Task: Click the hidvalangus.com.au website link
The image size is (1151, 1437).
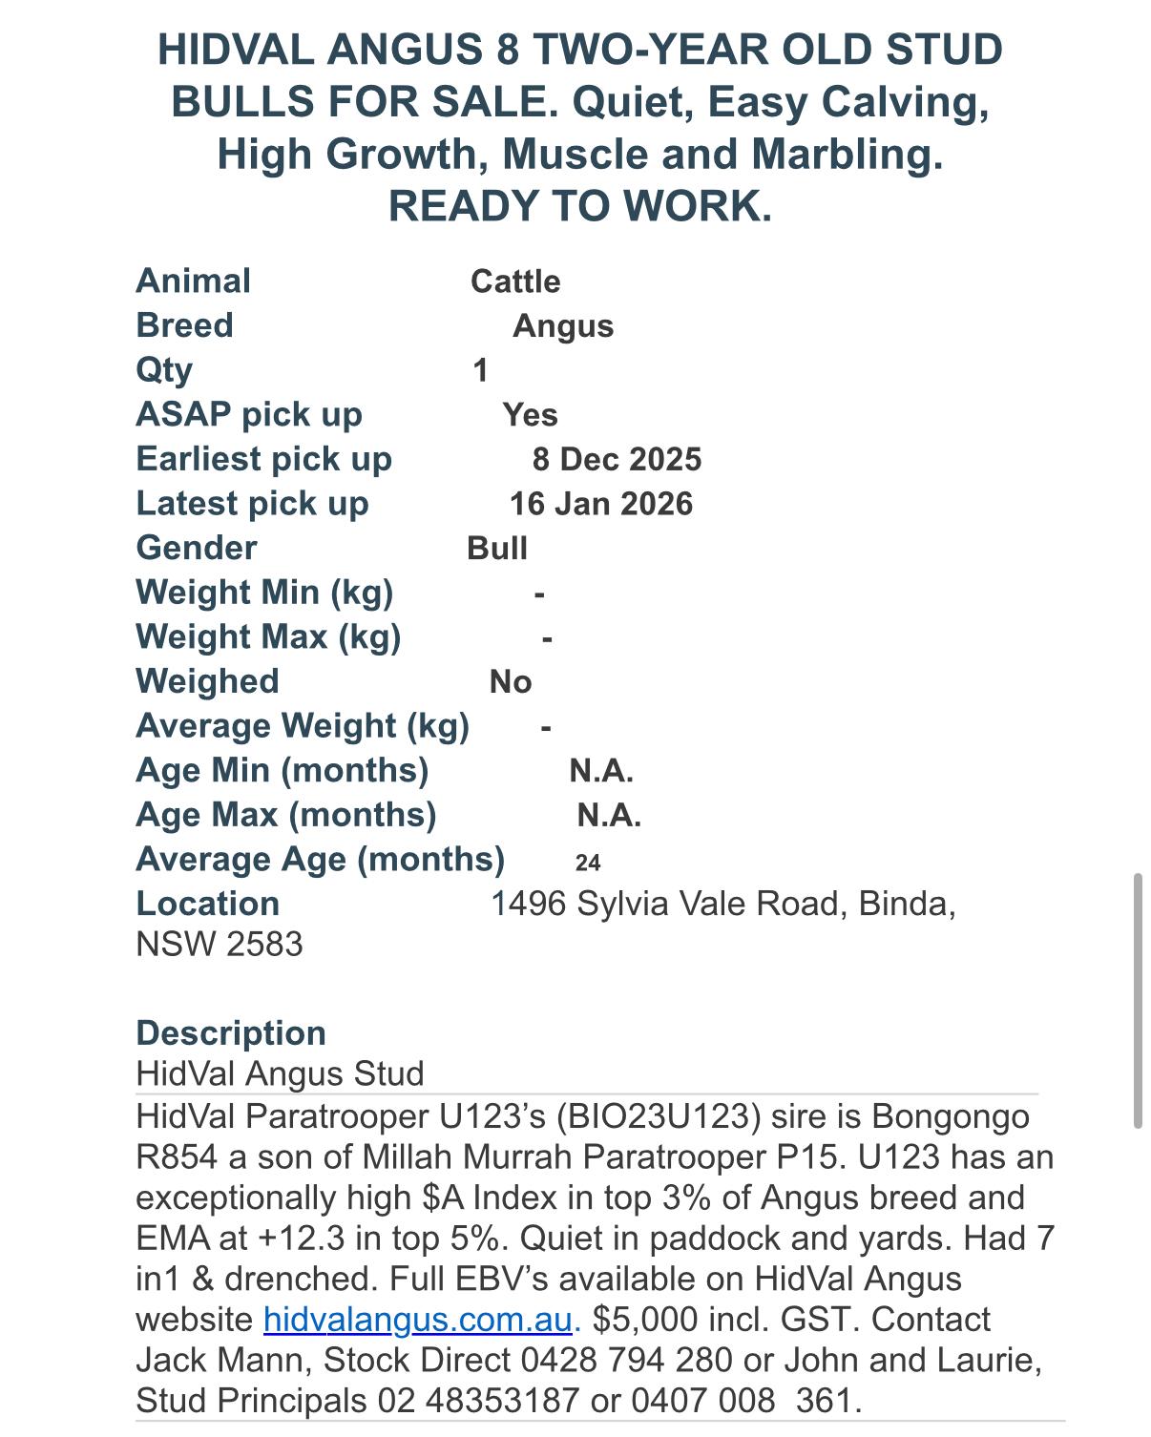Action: tap(417, 1320)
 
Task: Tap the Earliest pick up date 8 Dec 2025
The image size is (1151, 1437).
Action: tap(617, 459)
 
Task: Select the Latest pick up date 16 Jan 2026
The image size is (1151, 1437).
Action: tap(600, 504)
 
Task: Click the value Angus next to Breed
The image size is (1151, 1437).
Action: tap(563, 326)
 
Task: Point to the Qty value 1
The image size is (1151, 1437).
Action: tap(480, 370)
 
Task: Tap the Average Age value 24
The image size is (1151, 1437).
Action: tap(588, 863)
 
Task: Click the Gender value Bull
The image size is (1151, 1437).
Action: tap(497, 549)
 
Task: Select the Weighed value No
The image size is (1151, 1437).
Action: tap(511, 681)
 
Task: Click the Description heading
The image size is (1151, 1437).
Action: tap(231, 1033)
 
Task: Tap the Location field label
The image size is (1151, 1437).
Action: tap(208, 904)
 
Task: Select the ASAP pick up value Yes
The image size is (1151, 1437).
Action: tap(530, 415)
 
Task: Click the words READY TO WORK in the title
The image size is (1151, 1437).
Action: tap(579, 206)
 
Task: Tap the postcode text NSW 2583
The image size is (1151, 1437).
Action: tap(220, 945)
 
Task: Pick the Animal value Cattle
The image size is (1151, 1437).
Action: tap(515, 281)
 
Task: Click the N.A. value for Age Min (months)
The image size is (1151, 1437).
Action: tap(601, 771)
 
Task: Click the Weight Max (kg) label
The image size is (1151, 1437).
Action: tap(268, 636)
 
